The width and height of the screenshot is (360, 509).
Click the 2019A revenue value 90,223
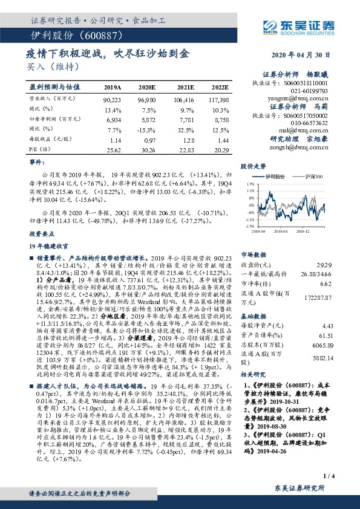[x=113, y=99]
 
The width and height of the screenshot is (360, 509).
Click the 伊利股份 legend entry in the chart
[x=275, y=176]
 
